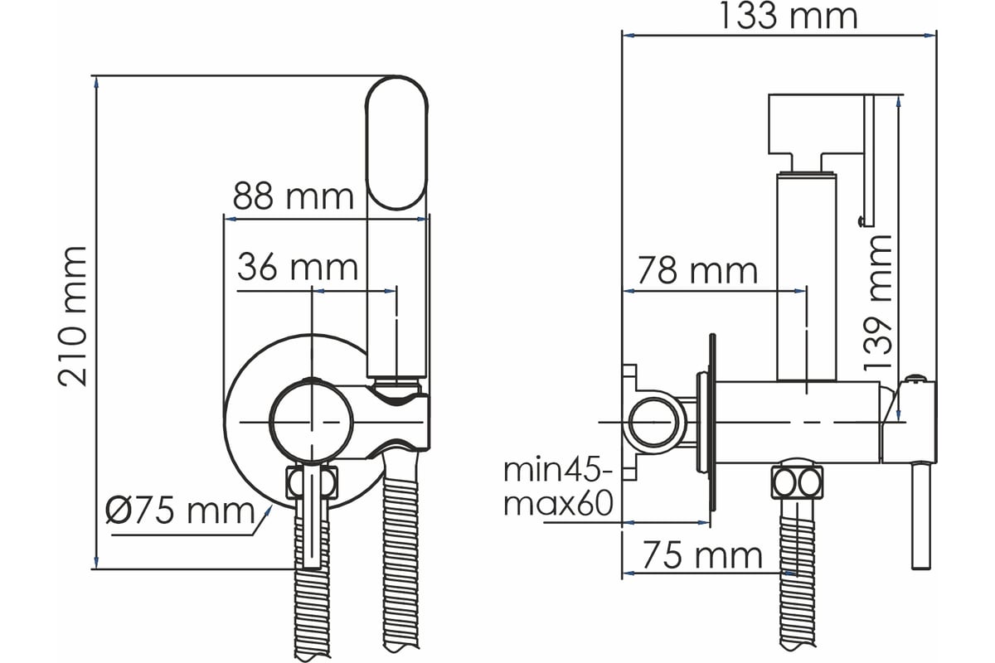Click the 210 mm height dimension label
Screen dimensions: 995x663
(72, 316)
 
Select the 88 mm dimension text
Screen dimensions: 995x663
(294, 196)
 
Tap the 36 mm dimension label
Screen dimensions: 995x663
(298, 268)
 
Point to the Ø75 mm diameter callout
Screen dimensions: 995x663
(180, 511)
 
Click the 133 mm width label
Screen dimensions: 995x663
(788, 16)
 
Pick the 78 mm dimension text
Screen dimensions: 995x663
(697, 270)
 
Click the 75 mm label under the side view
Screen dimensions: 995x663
(702, 555)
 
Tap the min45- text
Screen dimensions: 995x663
(558, 470)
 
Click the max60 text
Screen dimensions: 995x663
(558, 503)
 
